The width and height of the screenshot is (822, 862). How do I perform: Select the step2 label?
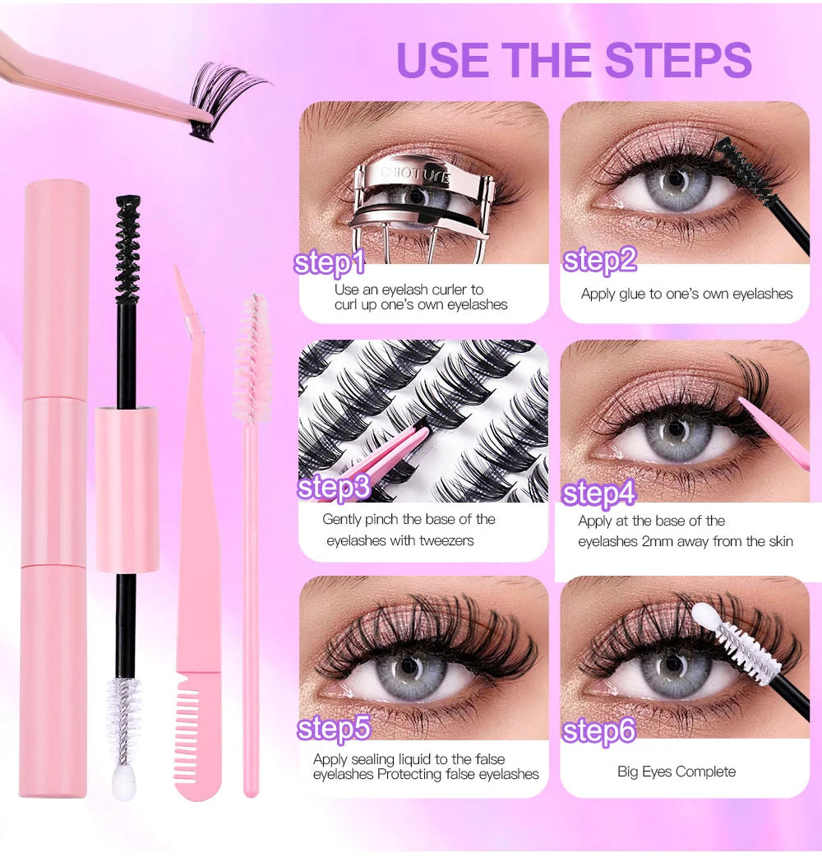tap(599, 260)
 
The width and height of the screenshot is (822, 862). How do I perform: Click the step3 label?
tap(333, 487)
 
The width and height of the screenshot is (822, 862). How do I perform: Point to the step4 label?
tap(598, 494)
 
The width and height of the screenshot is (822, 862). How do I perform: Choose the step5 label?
tap(333, 728)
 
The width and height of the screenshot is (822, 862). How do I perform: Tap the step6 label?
tap(599, 731)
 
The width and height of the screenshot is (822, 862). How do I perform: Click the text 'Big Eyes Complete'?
tap(677, 772)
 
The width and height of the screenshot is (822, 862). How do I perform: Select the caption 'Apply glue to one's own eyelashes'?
tap(686, 294)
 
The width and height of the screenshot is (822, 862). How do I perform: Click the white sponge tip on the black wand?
tap(125, 783)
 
